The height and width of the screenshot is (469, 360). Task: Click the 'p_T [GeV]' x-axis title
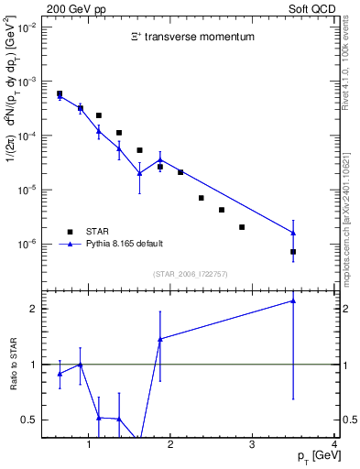click(x=312, y=456)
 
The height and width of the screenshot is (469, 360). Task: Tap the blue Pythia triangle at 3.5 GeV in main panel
click(x=293, y=233)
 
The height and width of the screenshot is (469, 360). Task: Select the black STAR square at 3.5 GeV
click(x=293, y=251)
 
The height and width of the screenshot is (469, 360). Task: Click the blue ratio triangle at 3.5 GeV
click(x=293, y=300)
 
